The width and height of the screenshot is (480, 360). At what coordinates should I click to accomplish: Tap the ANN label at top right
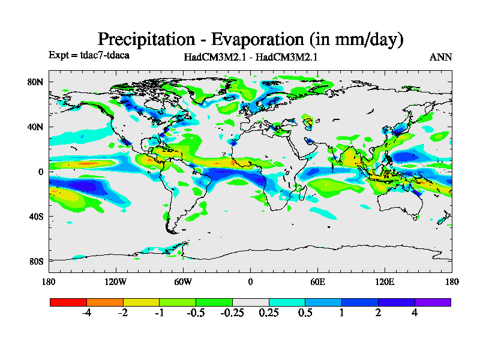point(440,57)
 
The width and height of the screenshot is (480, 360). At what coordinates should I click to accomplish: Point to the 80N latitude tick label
point(37,82)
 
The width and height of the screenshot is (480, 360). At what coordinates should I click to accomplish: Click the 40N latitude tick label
point(37,127)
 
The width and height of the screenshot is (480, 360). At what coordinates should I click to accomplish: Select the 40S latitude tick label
point(37,216)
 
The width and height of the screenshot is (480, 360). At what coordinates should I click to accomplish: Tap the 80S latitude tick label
point(37,261)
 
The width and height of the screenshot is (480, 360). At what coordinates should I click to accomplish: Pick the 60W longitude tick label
point(183,281)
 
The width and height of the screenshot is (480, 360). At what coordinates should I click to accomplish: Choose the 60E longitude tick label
point(317,281)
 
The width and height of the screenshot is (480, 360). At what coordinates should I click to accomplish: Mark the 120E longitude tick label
point(385,281)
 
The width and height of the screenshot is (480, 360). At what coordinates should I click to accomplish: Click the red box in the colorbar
point(68,302)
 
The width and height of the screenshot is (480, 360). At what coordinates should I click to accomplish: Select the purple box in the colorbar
point(433,302)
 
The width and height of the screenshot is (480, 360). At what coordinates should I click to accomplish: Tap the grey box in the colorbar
point(250,302)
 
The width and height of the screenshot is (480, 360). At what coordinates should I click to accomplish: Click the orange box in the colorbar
point(104,302)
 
